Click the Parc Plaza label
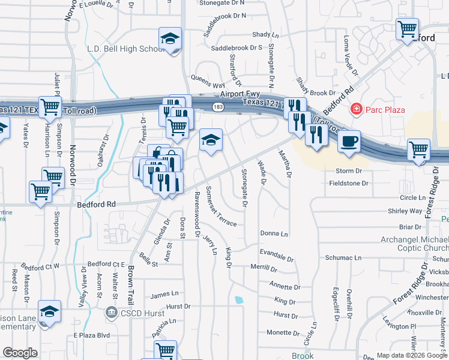click(385, 110)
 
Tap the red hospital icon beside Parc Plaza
click(357, 109)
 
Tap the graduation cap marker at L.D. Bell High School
click(170, 40)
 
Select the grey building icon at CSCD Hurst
click(111, 313)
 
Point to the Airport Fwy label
click(238, 94)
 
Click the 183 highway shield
click(215, 107)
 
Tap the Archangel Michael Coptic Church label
click(414, 244)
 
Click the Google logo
click(20, 353)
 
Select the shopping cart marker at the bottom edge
click(165, 351)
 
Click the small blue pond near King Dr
click(240, 299)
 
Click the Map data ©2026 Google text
click(412, 355)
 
